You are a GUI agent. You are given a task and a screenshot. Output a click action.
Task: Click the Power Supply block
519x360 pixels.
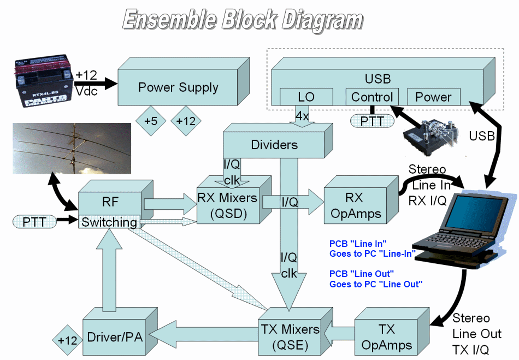[178, 87]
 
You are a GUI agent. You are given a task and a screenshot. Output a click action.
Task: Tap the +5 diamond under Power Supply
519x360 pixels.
[151, 121]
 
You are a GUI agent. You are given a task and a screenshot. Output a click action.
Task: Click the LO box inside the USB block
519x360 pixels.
[306, 97]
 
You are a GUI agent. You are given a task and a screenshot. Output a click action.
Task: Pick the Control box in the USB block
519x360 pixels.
[372, 97]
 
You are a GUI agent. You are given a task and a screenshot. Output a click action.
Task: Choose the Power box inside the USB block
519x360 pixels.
[433, 97]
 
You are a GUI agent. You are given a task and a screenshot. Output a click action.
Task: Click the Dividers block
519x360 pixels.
[274, 145]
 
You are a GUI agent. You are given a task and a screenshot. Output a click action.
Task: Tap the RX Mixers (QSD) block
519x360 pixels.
[229, 205]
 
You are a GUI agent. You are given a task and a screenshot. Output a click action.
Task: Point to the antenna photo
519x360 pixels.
[72, 148]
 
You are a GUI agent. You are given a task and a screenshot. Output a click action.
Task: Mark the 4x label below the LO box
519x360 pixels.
[302, 116]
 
